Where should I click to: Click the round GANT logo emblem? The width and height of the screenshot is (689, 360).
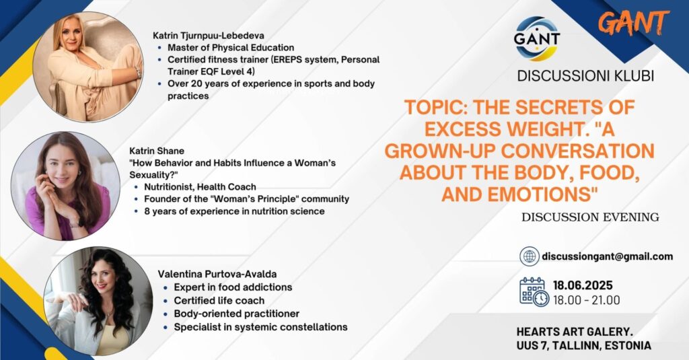(x=536, y=38)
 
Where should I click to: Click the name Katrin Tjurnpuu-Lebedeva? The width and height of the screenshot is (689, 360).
(x=209, y=36)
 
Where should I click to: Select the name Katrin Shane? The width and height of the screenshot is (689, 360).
(x=156, y=151)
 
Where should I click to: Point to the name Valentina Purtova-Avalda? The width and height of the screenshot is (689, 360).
(x=217, y=274)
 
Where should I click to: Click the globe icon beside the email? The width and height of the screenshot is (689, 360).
(x=530, y=256)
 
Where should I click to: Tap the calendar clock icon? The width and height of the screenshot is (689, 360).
(x=534, y=292)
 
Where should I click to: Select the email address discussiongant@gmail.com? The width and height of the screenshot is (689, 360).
(x=608, y=256)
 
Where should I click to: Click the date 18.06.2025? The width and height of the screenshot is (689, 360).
(x=583, y=285)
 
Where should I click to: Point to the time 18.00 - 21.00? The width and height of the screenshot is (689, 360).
(x=586, y=300)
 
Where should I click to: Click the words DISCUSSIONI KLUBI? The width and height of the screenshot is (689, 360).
(x=585, y=75)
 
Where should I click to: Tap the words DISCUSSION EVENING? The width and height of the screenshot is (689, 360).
(x=590, y=217)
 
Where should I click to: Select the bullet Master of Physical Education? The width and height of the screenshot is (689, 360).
(x=231, y=48)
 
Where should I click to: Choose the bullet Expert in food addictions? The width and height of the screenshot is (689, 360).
(x=233, y=287)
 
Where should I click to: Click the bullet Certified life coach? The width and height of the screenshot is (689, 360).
(x=219, y=301)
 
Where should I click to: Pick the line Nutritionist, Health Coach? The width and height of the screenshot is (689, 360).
(x=200, y=187)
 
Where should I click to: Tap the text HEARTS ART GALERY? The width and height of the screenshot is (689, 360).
(x=575, y=332)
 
